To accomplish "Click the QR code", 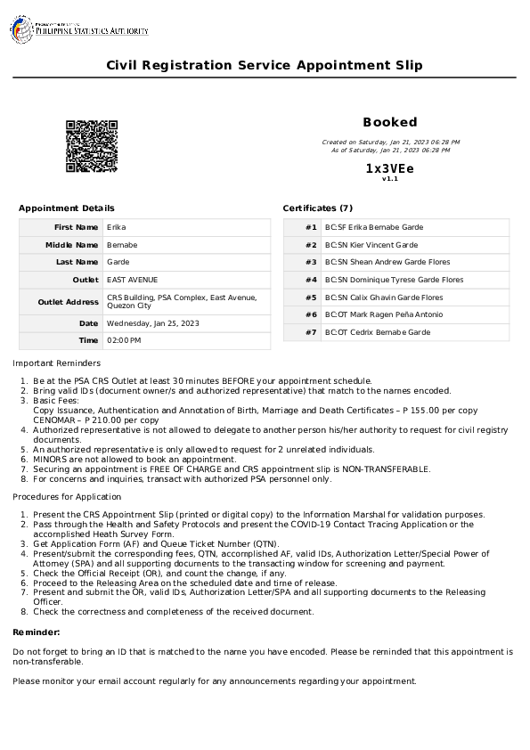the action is click(x=92, y=146).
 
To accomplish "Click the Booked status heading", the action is click(x=389, y=122).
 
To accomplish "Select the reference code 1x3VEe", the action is click(x=389, y=168).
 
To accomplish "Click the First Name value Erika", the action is click(x=116, y=227).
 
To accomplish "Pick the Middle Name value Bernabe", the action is click(x=122, y=245).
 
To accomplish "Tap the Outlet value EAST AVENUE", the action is click(x=132, y=280).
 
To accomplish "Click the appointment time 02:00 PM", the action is click(x=124, y=340).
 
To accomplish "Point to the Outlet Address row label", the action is click(x=68, y=302).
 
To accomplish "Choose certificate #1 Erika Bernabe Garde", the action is click(x=373, y=227).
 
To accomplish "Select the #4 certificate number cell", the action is click(x=311, y=280).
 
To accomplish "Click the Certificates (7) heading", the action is click(x=318, y=208).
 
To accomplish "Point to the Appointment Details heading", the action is click(x=67, y=208).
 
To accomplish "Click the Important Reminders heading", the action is click(x=56, y=363).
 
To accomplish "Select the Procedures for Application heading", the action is click(x=67, y=496).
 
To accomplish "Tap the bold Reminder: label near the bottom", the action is click(x=37, y=632).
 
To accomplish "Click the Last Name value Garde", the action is click(x=118, y=262).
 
